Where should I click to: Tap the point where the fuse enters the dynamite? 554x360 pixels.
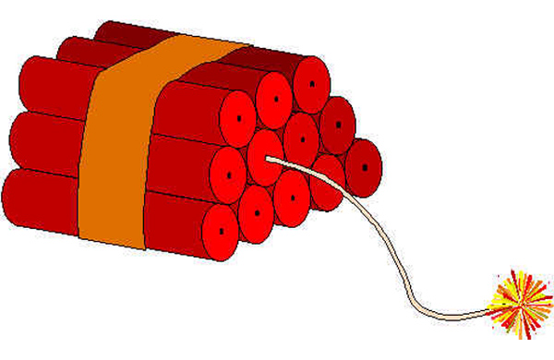271,158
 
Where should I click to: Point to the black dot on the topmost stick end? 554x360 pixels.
311,81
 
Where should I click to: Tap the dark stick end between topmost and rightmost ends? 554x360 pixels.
338,121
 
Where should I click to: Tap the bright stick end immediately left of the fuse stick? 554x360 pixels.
227,170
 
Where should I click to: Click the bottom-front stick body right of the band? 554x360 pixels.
175,218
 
